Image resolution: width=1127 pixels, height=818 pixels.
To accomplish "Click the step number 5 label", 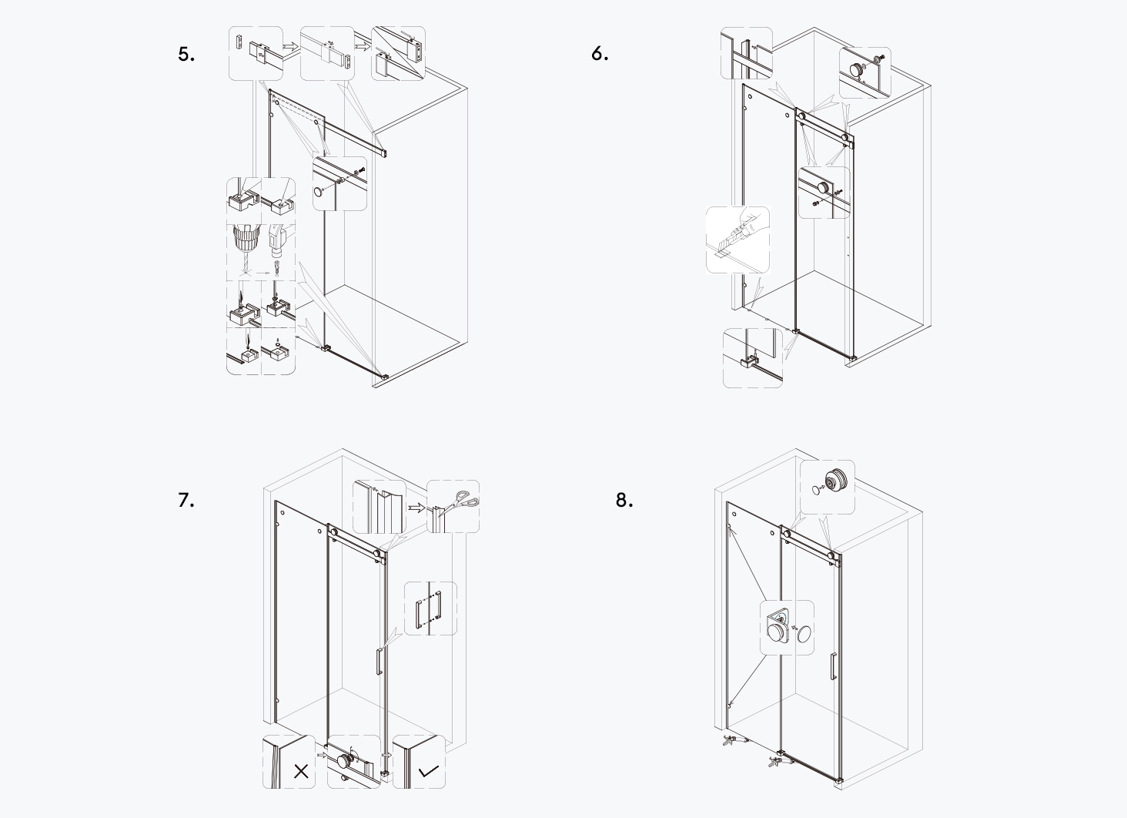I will tap(186, 54).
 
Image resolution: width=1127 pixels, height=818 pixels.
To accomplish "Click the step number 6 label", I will tap(600, 54).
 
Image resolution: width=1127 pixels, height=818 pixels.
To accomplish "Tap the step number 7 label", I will tap(186, 500).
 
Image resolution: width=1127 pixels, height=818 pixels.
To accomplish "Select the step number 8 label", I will tap(624, 500).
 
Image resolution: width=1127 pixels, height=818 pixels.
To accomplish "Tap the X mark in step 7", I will tap(301, 771).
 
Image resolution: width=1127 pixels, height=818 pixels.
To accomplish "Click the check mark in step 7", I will tap(428, 770).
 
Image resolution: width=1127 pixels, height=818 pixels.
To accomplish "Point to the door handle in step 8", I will tap(831, 665).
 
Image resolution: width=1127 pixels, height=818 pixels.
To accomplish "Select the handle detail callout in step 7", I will tap(430, 608).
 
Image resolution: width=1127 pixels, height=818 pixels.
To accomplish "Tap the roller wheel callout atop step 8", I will tap(828, 487).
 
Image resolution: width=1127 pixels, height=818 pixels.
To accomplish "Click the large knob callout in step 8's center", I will tap(786, 628).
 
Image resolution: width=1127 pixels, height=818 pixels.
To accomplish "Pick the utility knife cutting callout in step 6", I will tap(737, 239).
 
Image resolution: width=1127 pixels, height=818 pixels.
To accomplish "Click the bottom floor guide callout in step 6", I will tap(753, 357).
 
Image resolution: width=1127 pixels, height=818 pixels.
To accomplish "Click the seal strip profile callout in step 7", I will tap(378, 507).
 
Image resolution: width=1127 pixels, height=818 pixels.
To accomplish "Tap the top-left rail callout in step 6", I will tap(746, 52).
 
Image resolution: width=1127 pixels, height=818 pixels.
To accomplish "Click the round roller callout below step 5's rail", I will tap(339, 183).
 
